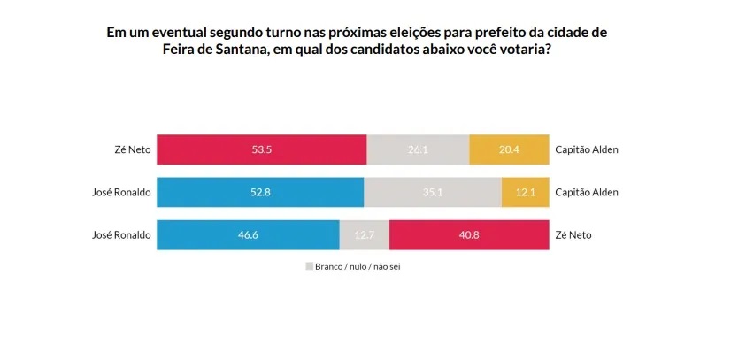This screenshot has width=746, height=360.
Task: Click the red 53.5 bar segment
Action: tap(261, 149)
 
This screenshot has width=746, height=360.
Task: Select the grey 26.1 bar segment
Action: tap(418, 149)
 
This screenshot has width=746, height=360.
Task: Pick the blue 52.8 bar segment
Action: tap(260, 192)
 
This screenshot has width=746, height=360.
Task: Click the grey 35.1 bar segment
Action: tap(433, 192)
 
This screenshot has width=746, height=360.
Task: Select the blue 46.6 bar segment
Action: tap(248, 234)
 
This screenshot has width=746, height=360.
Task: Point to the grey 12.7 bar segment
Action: tap(364, 234)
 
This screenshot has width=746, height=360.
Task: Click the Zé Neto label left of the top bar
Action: tap(133, 149)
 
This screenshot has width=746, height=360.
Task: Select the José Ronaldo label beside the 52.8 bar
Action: tap(122, 192)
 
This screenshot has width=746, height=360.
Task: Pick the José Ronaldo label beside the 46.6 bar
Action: tap(122, 234)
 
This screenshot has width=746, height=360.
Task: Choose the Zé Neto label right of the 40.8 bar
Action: tap(572, 234)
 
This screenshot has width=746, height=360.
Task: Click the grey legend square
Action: tap(310, 265)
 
